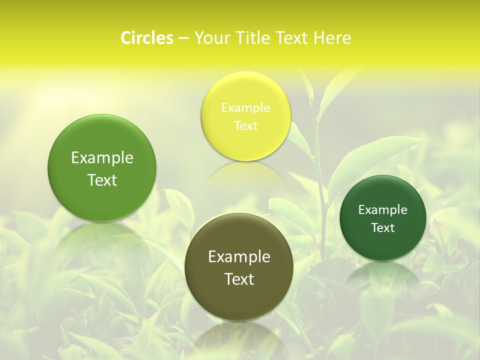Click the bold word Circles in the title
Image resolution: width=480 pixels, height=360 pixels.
tap(147, 38)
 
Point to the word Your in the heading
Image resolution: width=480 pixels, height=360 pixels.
tap(211, 38)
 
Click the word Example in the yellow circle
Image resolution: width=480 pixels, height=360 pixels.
tap(246, 108)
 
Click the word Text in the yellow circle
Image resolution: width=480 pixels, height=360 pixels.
tap(246, 126)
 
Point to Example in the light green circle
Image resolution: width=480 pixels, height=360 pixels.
tap(102, 158)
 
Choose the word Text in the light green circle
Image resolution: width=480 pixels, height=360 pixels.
tap(102, 180)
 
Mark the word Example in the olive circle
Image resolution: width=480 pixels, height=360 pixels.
tap(239, 257)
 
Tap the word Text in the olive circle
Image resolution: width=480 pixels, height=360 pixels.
tap(239, 279)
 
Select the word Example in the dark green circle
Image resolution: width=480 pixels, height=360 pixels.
tap(383, 210)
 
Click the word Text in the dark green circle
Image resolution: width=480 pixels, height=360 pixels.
tap(383, 228)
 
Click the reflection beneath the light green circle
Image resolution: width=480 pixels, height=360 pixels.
tap(102, 237)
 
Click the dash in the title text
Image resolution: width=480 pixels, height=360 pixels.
tap(183, 38)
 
